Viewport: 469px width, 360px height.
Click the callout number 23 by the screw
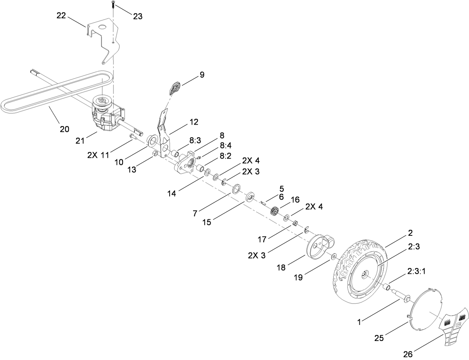137,16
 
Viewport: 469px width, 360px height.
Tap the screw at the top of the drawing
112,5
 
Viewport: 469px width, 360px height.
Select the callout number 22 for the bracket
62,15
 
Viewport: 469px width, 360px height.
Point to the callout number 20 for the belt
64,129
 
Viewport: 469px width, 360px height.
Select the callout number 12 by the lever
194,122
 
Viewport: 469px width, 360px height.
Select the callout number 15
206,222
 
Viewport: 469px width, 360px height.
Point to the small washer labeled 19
333,256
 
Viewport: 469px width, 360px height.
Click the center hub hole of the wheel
365,275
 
